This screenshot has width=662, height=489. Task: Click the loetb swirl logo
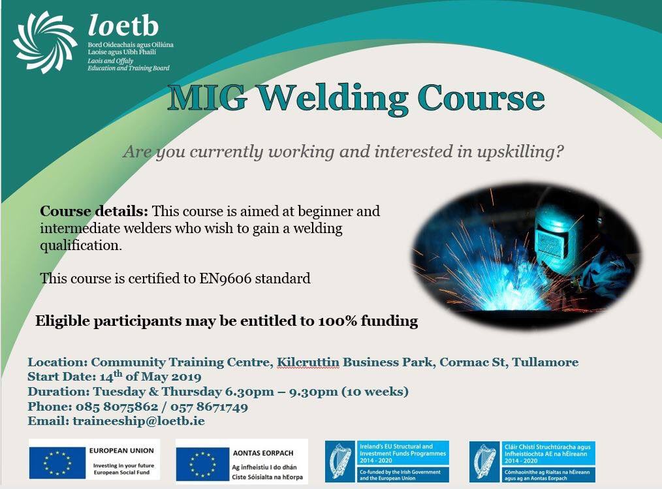(45, 42)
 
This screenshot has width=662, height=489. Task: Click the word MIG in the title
(208, 98)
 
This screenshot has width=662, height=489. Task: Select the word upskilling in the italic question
(520, 152)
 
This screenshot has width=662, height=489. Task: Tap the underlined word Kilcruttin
(307, 362)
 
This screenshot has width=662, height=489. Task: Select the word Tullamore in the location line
(545, 362)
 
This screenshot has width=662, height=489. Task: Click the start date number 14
(106, 377)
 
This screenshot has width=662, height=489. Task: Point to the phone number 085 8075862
(117, 407)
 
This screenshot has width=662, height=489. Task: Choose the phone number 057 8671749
(209, 407)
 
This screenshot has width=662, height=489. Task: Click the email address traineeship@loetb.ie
(138, 422)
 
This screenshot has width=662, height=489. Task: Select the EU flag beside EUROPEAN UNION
(57, 463)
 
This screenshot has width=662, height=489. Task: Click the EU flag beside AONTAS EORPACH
(202, 464)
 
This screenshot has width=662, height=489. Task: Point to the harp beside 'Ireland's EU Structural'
(341, 462)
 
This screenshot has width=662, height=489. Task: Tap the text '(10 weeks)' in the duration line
(375, 392)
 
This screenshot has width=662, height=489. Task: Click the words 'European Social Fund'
(121, 473)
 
